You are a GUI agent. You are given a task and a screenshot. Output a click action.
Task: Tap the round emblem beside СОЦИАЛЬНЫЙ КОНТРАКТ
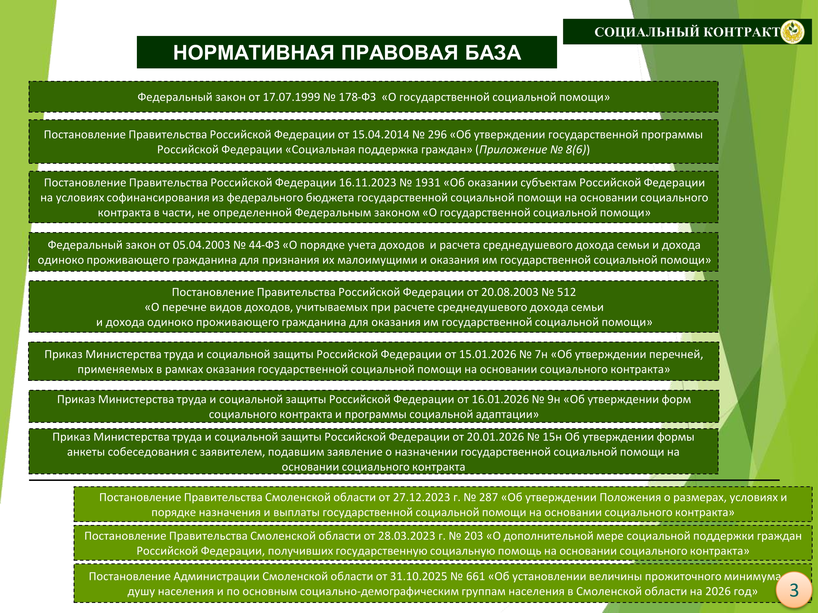coord(792,32)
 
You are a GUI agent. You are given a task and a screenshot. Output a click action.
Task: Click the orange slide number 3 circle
coord(793,590)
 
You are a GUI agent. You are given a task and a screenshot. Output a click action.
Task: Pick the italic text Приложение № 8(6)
coord(533,150)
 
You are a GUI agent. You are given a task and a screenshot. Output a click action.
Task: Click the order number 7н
coord(541,354)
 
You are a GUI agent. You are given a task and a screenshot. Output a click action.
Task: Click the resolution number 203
coord(473,536)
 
